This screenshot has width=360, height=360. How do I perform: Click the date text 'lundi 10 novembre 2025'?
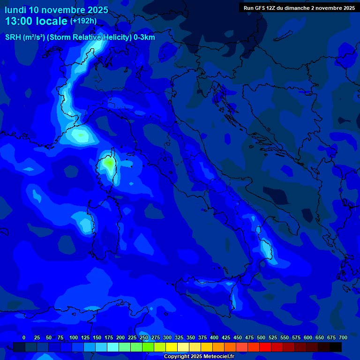click(56, 10)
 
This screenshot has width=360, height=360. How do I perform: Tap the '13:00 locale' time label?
click(37, 21)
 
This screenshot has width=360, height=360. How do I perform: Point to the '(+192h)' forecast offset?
click(83, 21)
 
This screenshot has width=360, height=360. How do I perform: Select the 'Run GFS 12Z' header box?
click(299, 7)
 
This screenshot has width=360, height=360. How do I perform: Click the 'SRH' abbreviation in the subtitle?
click(12, 37)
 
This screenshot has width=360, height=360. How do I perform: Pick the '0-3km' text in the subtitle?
click(144, 37)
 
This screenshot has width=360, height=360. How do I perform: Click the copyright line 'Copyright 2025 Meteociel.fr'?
click(199, 357)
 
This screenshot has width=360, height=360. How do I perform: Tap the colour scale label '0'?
click(24, 337)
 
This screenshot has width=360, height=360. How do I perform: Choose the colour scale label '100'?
click(74, 337)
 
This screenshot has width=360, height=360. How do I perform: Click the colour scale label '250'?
click(144, 337)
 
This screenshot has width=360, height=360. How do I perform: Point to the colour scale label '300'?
click(167, 337)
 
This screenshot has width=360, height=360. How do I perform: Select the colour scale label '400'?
click(214, 337)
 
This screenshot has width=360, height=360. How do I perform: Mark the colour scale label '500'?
click(261, 337)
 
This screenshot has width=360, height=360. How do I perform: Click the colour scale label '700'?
click(343, 337)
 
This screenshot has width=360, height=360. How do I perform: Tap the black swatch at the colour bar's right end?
click(336, 347)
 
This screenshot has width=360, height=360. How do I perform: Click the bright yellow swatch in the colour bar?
click(172, 347)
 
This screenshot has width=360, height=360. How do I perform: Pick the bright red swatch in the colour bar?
click(265, 347)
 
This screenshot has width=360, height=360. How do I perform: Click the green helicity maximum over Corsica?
click(109, 163)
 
